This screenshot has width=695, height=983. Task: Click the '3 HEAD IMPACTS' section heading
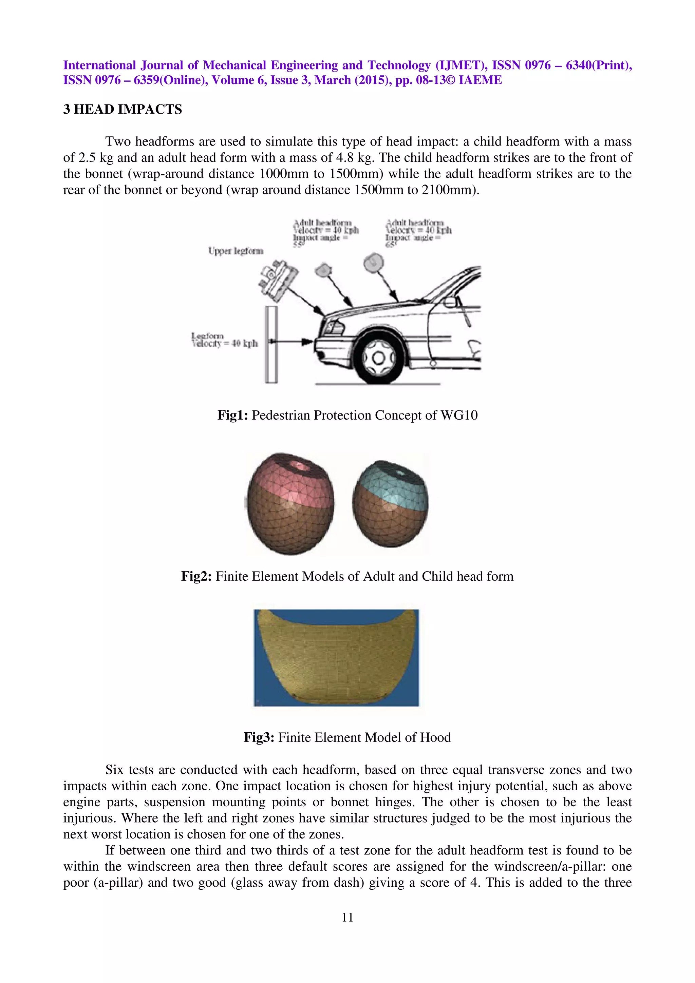123,110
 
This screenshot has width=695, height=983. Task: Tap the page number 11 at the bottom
347,917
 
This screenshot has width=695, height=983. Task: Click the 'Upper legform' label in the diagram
236,251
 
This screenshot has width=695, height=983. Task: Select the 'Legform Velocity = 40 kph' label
224,340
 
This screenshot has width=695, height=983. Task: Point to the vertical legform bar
270,344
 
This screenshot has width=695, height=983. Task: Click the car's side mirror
449,302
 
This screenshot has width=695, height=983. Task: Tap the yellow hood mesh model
336,657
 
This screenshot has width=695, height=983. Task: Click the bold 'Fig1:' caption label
232,415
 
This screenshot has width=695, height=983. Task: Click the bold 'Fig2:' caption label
196,576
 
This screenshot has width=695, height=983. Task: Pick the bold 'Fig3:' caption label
259,737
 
